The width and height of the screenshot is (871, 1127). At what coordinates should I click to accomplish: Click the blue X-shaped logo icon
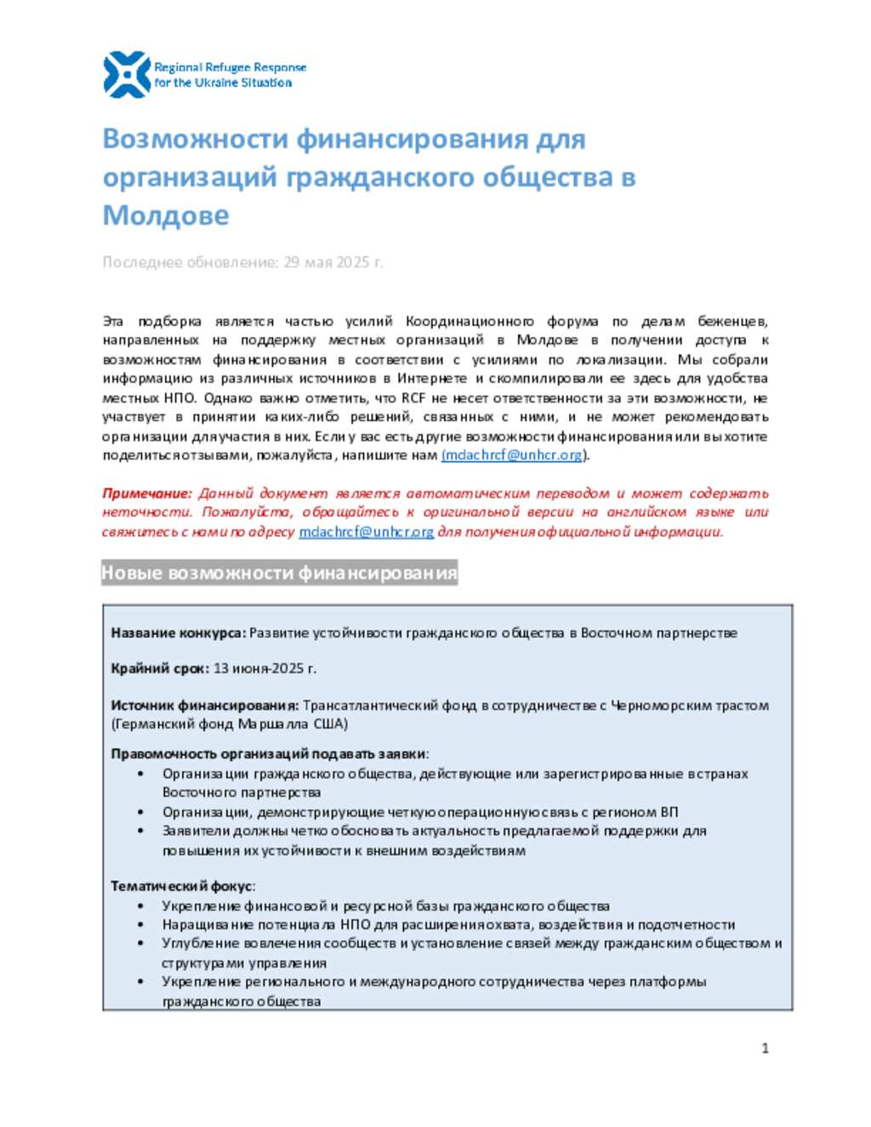click(x=127, y=75)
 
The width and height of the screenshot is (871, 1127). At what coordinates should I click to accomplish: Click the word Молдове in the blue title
click(x=166, y=215)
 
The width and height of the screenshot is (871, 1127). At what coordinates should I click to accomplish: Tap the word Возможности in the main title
click(x=196, y=139)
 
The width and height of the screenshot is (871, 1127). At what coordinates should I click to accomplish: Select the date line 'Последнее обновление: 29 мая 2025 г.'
click(x=242, y=262)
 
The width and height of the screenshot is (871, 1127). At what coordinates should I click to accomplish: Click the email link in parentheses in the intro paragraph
click(x=513, y=455)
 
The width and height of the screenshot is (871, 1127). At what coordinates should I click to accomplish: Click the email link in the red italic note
click(x=367, y=532)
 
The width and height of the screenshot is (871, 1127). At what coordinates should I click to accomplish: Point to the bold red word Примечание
click(x=146, y=493)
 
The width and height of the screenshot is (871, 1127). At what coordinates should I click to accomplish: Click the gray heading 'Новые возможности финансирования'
click(x=279, y=573)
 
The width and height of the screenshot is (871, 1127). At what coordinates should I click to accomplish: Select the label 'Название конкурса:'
click(x=178, y=633)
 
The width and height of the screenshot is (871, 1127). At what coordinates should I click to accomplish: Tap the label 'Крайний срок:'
click(x=160, y=669)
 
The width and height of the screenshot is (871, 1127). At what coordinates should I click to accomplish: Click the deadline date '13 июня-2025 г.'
click(x=265, y=669)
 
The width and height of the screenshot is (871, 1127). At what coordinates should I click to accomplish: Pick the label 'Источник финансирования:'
click(x=204, y=705)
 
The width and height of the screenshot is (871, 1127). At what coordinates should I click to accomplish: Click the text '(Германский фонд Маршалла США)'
click(x=230, y=724)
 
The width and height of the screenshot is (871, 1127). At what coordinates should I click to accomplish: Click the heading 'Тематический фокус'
click(x=182, y=886)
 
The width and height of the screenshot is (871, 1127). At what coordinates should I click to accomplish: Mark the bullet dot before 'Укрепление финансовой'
click(x=140, y=907)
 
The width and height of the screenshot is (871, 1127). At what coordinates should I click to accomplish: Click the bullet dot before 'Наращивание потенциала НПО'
click(x=140, y=925)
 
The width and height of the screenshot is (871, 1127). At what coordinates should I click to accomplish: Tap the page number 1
click(x=765, y=1048)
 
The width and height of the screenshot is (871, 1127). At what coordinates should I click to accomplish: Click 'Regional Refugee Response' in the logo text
click(x=230, y=67)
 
